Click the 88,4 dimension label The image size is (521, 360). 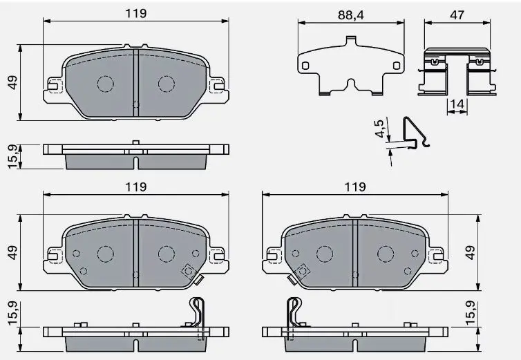(x=350, y=15)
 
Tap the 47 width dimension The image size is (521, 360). (x=457, y=15)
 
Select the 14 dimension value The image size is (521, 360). (x=457, y=104)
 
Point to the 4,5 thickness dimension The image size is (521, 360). (x=379, y=128)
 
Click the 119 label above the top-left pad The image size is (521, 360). (x=135, y=13)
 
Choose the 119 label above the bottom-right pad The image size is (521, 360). (x=355, y=187)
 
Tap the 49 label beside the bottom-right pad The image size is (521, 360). (x=470, y=253)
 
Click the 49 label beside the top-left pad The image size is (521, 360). (x=12, y=82)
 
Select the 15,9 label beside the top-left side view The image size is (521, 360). (x=12, y=157)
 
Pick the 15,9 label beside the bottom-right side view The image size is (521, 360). (x=471, y=313)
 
